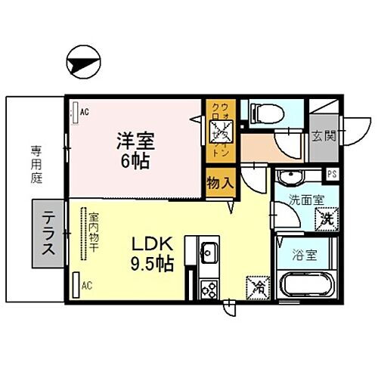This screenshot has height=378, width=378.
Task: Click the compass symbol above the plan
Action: pos(82,61)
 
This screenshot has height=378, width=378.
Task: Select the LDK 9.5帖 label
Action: pos(154,253)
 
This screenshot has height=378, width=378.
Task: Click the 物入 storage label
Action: pos(221,182)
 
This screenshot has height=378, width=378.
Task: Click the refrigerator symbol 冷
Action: pos(256,288)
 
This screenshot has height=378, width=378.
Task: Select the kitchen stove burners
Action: pos(209,289)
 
